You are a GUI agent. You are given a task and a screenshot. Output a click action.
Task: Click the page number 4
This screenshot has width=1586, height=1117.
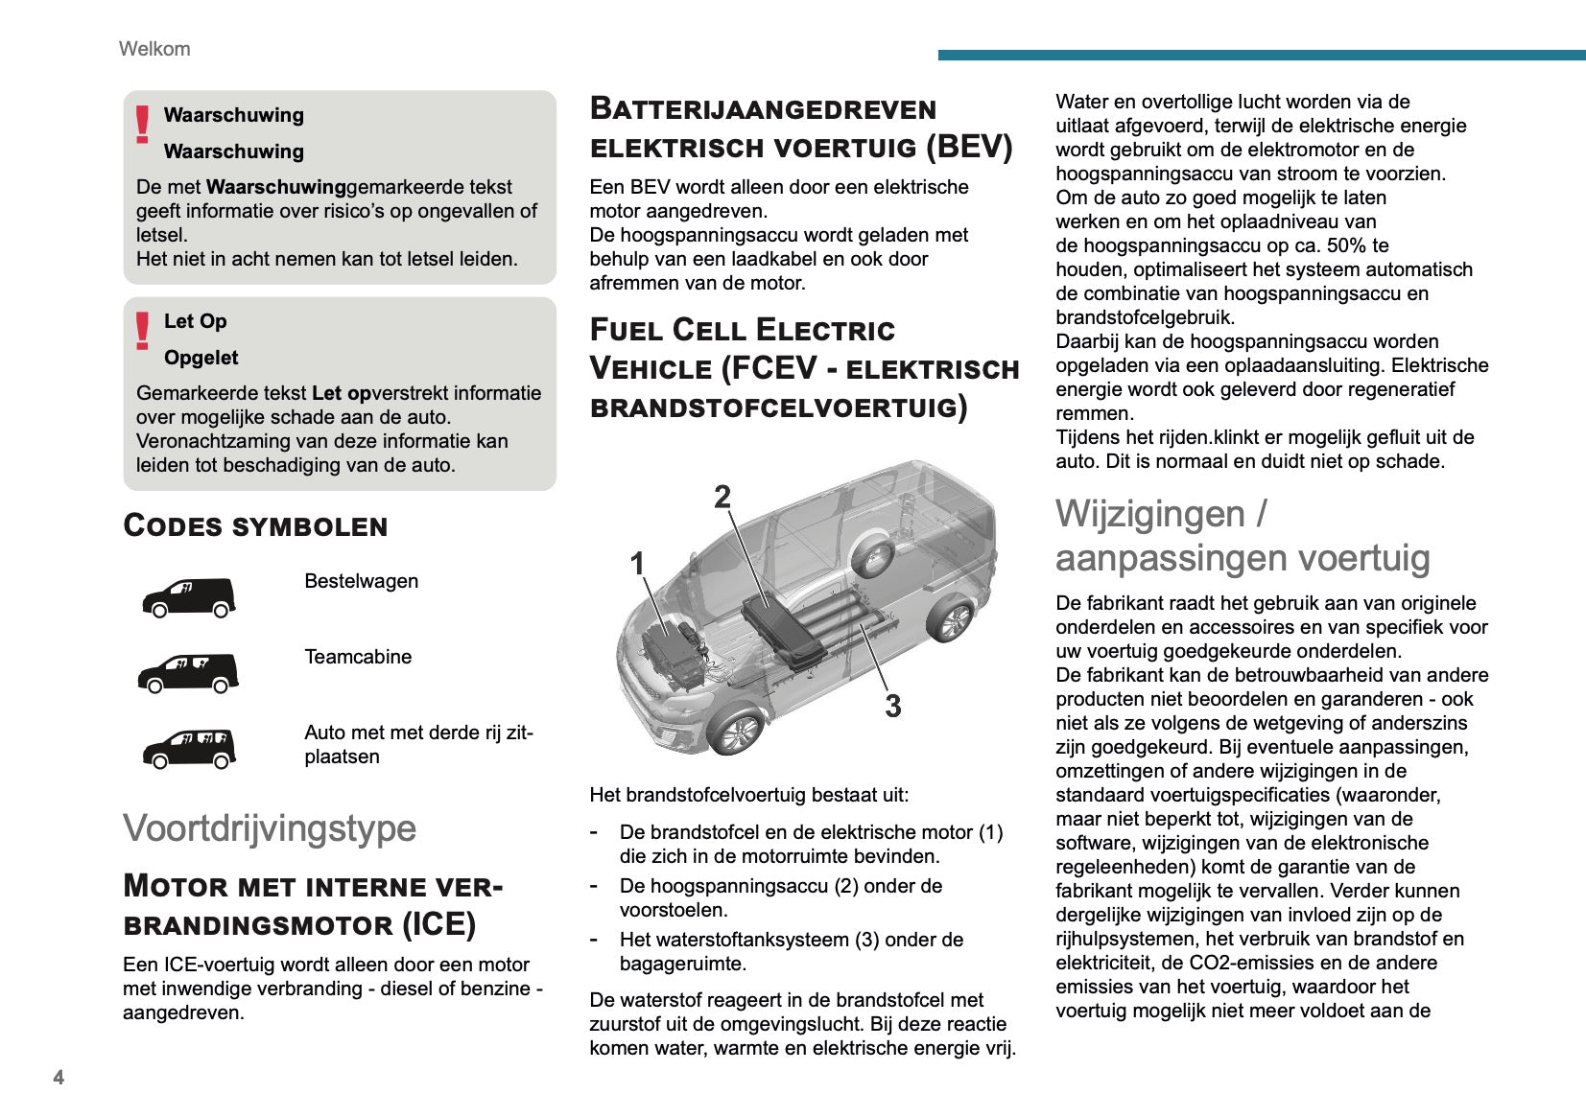pos(59,1077)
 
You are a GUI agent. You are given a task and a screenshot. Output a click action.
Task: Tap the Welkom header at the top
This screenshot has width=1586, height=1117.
pos(154,49)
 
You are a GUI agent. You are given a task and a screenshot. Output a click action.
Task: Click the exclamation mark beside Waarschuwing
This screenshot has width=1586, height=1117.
pos(143,125)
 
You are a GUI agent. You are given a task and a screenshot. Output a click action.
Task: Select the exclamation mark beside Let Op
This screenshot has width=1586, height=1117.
pos(143,331)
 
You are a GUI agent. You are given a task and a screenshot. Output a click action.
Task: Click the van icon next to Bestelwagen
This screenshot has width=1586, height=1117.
pos(189,597)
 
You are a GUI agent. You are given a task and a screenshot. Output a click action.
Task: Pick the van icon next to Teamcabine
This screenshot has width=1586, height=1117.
pos(189,673)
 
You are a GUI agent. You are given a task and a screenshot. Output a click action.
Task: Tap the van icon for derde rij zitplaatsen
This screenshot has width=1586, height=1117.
pos(189,749)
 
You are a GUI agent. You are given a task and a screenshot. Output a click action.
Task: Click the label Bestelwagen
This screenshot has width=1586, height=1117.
pos(361,581)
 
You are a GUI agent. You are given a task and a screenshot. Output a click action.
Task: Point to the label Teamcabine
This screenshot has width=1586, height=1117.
pos(358,657)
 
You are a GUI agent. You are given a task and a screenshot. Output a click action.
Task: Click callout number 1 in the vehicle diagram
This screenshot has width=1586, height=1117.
pos(637,564)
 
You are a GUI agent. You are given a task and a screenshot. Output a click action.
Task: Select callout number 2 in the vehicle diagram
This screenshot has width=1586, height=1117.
pos(722,497)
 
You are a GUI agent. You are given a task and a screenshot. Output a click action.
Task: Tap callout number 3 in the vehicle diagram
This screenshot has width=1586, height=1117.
pos(893,707)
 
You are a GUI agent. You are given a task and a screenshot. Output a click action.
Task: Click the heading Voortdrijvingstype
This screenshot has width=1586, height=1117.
pos(270,828)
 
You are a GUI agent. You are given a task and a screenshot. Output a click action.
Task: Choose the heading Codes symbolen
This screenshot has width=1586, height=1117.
pos(255,525)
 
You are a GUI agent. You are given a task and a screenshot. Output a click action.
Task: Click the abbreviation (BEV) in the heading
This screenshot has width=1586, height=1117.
pos(969,147)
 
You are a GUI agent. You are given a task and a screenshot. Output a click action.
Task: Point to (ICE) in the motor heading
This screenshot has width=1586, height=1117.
pos(438,924)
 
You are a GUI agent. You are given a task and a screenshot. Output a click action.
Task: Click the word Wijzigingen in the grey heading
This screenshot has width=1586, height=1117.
pos(1149,514)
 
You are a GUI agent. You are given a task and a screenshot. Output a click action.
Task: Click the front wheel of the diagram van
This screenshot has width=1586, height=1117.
pos(738,733)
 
